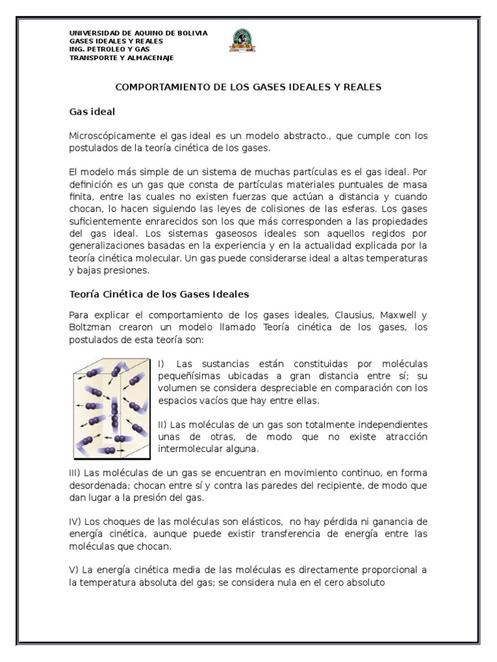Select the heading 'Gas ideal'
coord(92,112)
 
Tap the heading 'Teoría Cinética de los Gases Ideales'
coord(159,294)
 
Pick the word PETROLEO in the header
coord(105,49)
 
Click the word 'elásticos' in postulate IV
coord(261,521)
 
